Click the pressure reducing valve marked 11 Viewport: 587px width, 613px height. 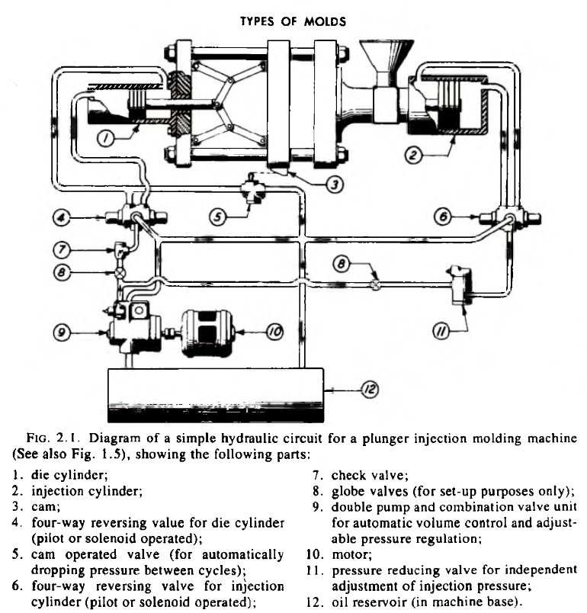[461, 284]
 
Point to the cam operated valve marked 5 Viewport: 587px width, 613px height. [252, 188]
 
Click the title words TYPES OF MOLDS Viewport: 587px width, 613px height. [293, 21]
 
